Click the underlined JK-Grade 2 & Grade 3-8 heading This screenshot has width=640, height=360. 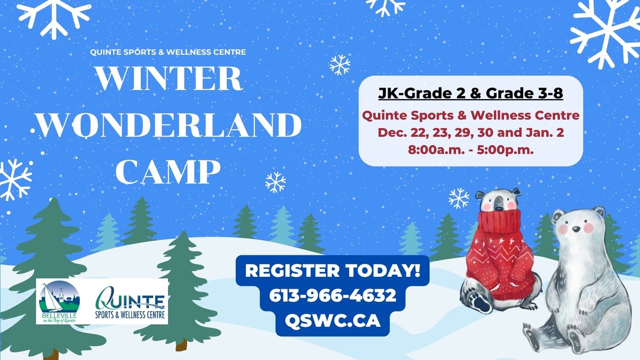pos(470,94)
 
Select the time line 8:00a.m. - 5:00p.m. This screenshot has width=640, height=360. pos(470,151)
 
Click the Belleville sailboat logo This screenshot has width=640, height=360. pos(59,301)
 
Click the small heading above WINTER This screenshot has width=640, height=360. pos(169,52)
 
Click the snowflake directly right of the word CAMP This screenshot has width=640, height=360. pos(275,182)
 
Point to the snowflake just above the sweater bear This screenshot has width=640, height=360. pos(459,198)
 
